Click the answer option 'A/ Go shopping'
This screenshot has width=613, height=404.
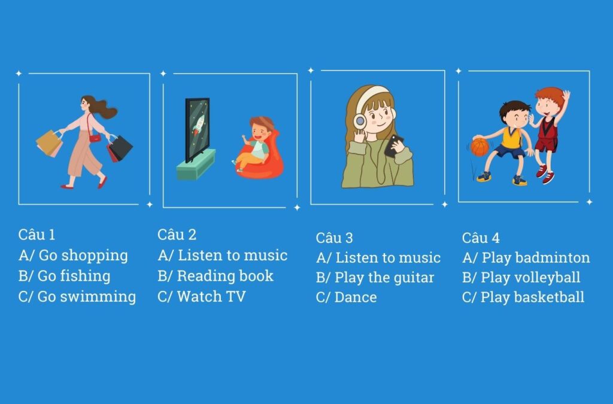point(73,256)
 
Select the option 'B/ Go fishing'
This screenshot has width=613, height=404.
point(65,276)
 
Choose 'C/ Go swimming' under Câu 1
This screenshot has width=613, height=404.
point(77,296)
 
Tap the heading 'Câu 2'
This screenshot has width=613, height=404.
point(177,235)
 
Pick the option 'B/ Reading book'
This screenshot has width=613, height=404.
point(216,276)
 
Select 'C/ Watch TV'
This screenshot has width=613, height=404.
point(201,296)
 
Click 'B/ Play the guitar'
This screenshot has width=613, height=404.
point(375,278)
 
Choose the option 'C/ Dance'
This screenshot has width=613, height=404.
point(347,297)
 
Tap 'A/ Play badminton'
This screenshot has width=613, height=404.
point(526,258)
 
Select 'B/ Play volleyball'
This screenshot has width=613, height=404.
point(521,278)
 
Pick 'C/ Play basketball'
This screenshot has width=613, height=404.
point(523,297)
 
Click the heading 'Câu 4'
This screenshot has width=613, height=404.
point(481,238)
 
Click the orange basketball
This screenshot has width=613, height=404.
point(480,147)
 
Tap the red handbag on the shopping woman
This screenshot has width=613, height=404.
point(95,138)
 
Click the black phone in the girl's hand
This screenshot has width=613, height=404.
point(393,145)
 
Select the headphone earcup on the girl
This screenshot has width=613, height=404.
point(359,121)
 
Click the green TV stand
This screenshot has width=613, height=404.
point(196,165)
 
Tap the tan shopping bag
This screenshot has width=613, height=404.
point(49,144)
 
